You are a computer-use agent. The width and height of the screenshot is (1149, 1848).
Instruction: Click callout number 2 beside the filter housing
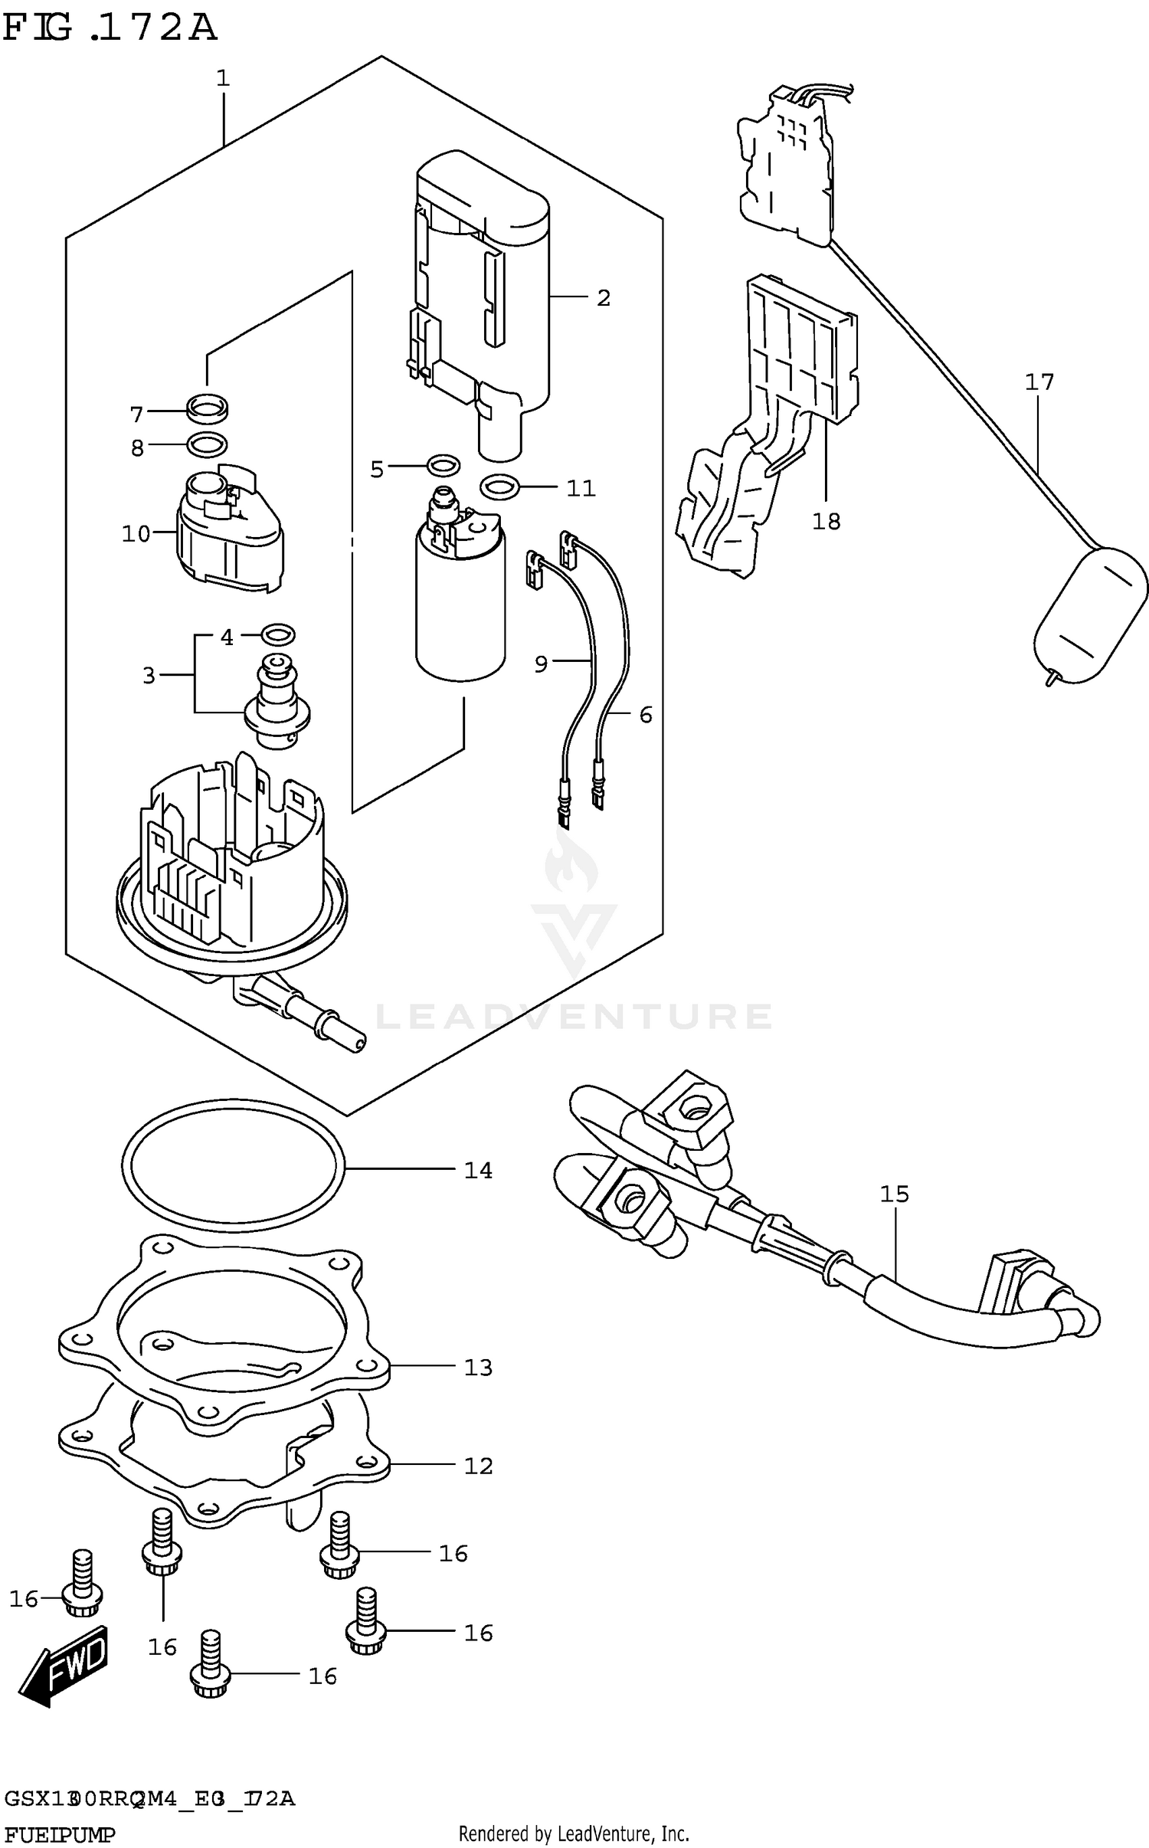604,298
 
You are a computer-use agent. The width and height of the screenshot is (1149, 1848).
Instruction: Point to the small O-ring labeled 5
443,464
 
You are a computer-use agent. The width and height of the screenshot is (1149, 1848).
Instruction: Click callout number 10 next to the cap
136,534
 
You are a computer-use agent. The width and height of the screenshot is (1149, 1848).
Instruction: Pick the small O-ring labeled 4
278,634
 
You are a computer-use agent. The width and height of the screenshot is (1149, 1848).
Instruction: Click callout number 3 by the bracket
149,675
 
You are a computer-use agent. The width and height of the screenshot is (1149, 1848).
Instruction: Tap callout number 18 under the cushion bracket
826,522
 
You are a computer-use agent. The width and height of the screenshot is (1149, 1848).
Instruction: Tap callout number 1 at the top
223,78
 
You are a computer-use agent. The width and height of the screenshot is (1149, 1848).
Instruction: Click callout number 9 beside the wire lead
541,664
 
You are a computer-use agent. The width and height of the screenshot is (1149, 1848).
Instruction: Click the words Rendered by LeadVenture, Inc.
574,1833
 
